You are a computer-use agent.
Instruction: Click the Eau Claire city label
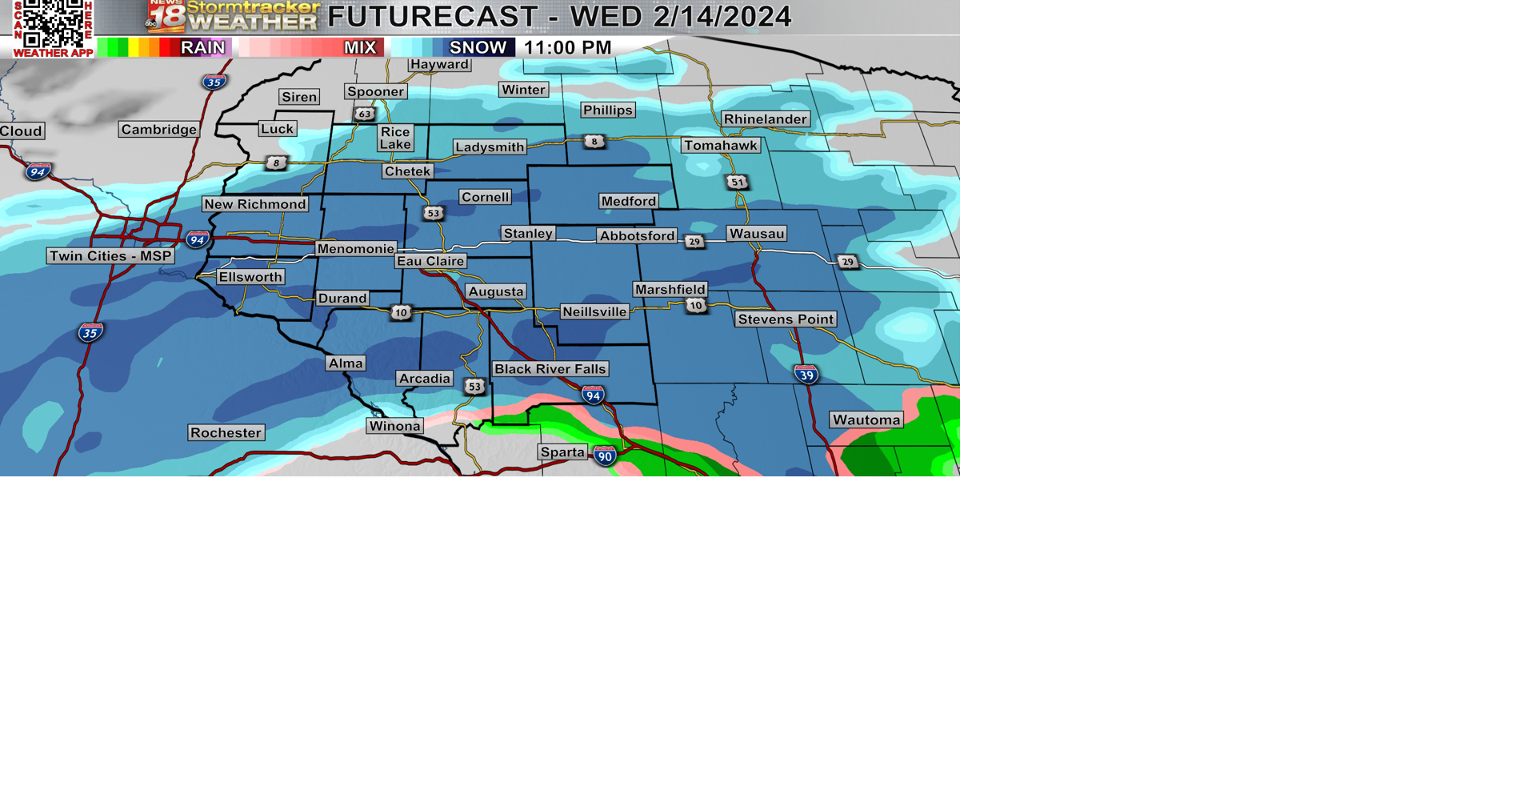430,261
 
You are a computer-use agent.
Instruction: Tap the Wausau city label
757,234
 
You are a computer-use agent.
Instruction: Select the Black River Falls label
550,369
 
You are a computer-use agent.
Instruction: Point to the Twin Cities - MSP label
110,256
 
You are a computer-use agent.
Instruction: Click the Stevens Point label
786,319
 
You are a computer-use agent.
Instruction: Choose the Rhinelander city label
765,119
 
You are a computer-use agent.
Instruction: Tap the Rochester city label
226,433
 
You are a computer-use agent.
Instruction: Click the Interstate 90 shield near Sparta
605,456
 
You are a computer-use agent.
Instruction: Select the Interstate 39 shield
806,374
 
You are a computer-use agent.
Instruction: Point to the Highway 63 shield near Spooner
365,114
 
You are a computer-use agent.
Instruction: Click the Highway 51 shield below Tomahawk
737,182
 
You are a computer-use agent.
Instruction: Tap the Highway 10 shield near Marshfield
695,305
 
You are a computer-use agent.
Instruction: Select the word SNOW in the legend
478,48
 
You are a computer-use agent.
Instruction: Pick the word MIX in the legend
360,48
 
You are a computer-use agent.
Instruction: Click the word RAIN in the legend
202,48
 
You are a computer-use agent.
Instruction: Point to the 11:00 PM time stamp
567,48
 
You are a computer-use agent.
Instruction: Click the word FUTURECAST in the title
433,17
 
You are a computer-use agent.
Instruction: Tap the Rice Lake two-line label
395,138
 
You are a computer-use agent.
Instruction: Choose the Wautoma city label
866,420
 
